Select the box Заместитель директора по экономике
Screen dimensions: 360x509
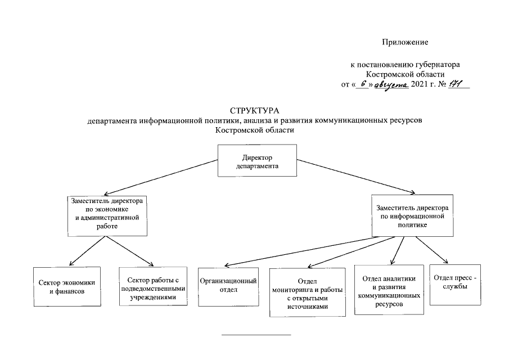coord(107,216)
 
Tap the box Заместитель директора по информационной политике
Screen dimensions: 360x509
coord(412,215)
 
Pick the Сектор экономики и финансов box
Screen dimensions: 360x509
coord(67,286)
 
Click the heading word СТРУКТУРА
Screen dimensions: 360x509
coord(254,110)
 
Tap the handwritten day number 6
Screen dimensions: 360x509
coord(364,84)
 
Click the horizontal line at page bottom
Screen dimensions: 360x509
coord(256,335)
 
